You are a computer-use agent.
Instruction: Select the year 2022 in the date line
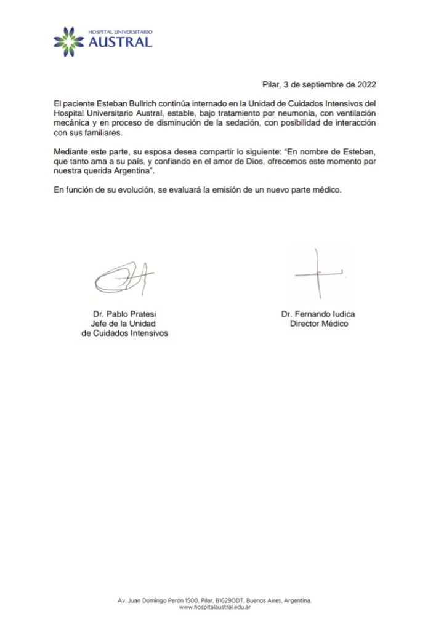click(x=363, y=85)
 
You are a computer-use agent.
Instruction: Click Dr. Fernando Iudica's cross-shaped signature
click(x=319, y=273)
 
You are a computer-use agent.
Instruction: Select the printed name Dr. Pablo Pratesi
click(x=124, y=313)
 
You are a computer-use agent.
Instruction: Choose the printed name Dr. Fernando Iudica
click(x=318, y=314)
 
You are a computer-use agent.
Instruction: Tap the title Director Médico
click(x=318, y=324)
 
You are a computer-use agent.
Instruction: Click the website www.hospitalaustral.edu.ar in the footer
click(x=214, y=607)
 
